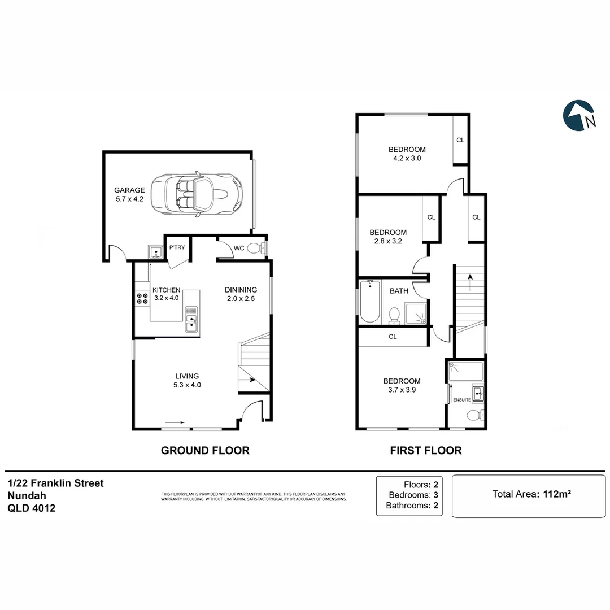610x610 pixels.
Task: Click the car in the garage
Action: coord(197,193)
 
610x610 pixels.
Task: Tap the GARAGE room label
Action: coord(129,190)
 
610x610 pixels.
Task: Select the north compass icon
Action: coord(579,116)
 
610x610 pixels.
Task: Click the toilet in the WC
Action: coord(256,248)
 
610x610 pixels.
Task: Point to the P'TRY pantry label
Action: coord(177,247)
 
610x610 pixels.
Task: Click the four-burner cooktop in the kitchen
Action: coord(142,298)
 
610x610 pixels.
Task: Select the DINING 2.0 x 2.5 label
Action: coord(241,294)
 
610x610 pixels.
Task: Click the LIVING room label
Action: coord(187,376)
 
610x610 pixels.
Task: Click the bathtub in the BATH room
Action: coord(370,302)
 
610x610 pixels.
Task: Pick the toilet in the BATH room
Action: coord(394,316)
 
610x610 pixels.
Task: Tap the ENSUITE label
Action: coord(462,400)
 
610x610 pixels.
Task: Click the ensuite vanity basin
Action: coord(478,394)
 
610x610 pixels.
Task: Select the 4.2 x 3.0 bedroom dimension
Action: coord(407,158)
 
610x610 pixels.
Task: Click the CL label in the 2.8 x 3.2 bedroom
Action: coord(432,217)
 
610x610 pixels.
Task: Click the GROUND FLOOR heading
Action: coord(205,451)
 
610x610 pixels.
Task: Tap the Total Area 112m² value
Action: coord(557,494)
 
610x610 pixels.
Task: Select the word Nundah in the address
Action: coord(27,496)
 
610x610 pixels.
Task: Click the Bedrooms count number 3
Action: coord(435,495)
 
